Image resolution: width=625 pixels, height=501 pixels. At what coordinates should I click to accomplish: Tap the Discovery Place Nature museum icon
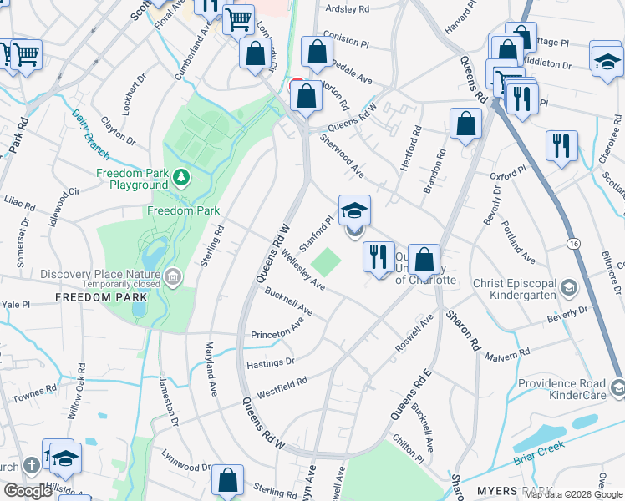pos(173,277)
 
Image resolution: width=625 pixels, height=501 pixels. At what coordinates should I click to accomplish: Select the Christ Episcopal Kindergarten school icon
pos(568,288)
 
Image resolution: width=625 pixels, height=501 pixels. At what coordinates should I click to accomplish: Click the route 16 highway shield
pos(572,243)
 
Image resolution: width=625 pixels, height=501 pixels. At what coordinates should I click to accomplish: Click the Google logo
pos(28,491)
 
